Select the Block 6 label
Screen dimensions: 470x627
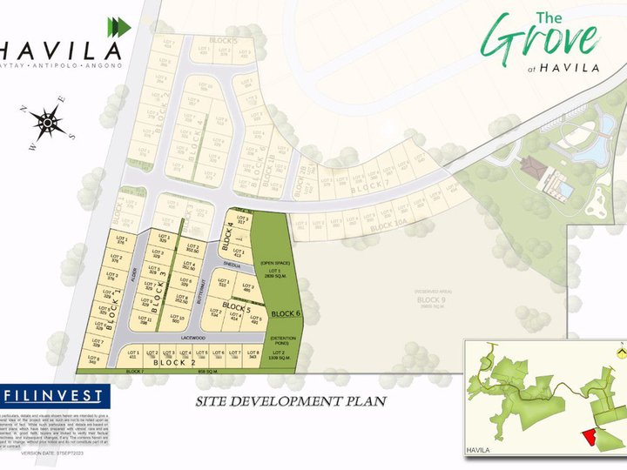pyautogui.click(x=285, y=313)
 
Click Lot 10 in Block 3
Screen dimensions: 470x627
pyautogui.click(x=177, y=319)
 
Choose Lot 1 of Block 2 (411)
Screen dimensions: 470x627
pyautogui.click(x=133, y=355)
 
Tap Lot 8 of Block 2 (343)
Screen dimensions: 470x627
pyautogui.click(x=253, y=355)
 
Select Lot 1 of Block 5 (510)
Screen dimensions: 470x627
pyautogui.click(x=223, y=284)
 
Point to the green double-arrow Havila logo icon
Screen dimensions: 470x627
pyautogui.click(x=118, y=27)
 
